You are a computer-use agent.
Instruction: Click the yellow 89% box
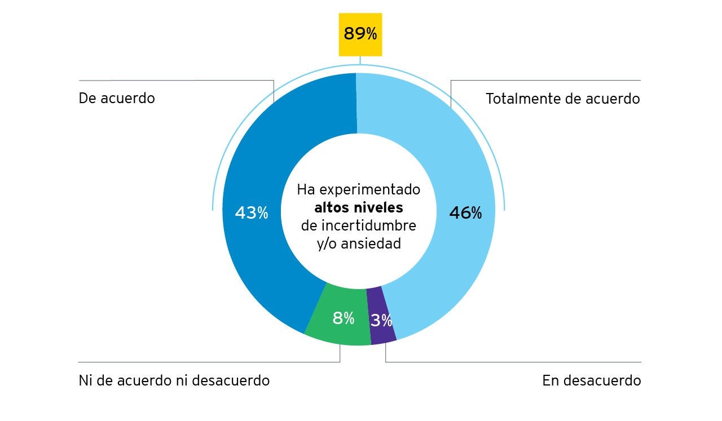(x=360, y=34)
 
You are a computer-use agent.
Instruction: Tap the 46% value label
(x=465, y=213)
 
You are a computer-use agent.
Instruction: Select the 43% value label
(x=252, y=213)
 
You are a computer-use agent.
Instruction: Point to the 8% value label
(x=343, y=318)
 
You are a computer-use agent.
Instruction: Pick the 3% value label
(x=381, y=321)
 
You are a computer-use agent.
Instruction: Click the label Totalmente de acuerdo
(x=562, y=99)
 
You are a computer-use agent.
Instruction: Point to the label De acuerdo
(x=117, y=98)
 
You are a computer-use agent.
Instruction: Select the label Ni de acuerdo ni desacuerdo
(x=174, y=380)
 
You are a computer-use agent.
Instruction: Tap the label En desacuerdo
(x=591, y=380)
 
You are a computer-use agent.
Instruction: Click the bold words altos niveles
(x=359, y=207)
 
